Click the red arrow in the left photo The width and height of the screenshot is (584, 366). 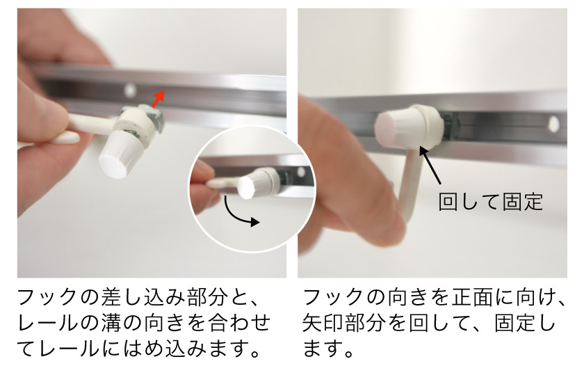(158, 99)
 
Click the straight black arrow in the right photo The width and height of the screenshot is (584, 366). (430, 165)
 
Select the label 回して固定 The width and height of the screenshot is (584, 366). (490, 202)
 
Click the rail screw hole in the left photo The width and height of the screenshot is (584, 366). (130, 90)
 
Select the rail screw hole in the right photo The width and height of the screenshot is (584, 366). (553, 124)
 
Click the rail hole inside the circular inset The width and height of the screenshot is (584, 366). (301, 172)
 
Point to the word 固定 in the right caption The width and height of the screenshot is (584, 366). (514, 323)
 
